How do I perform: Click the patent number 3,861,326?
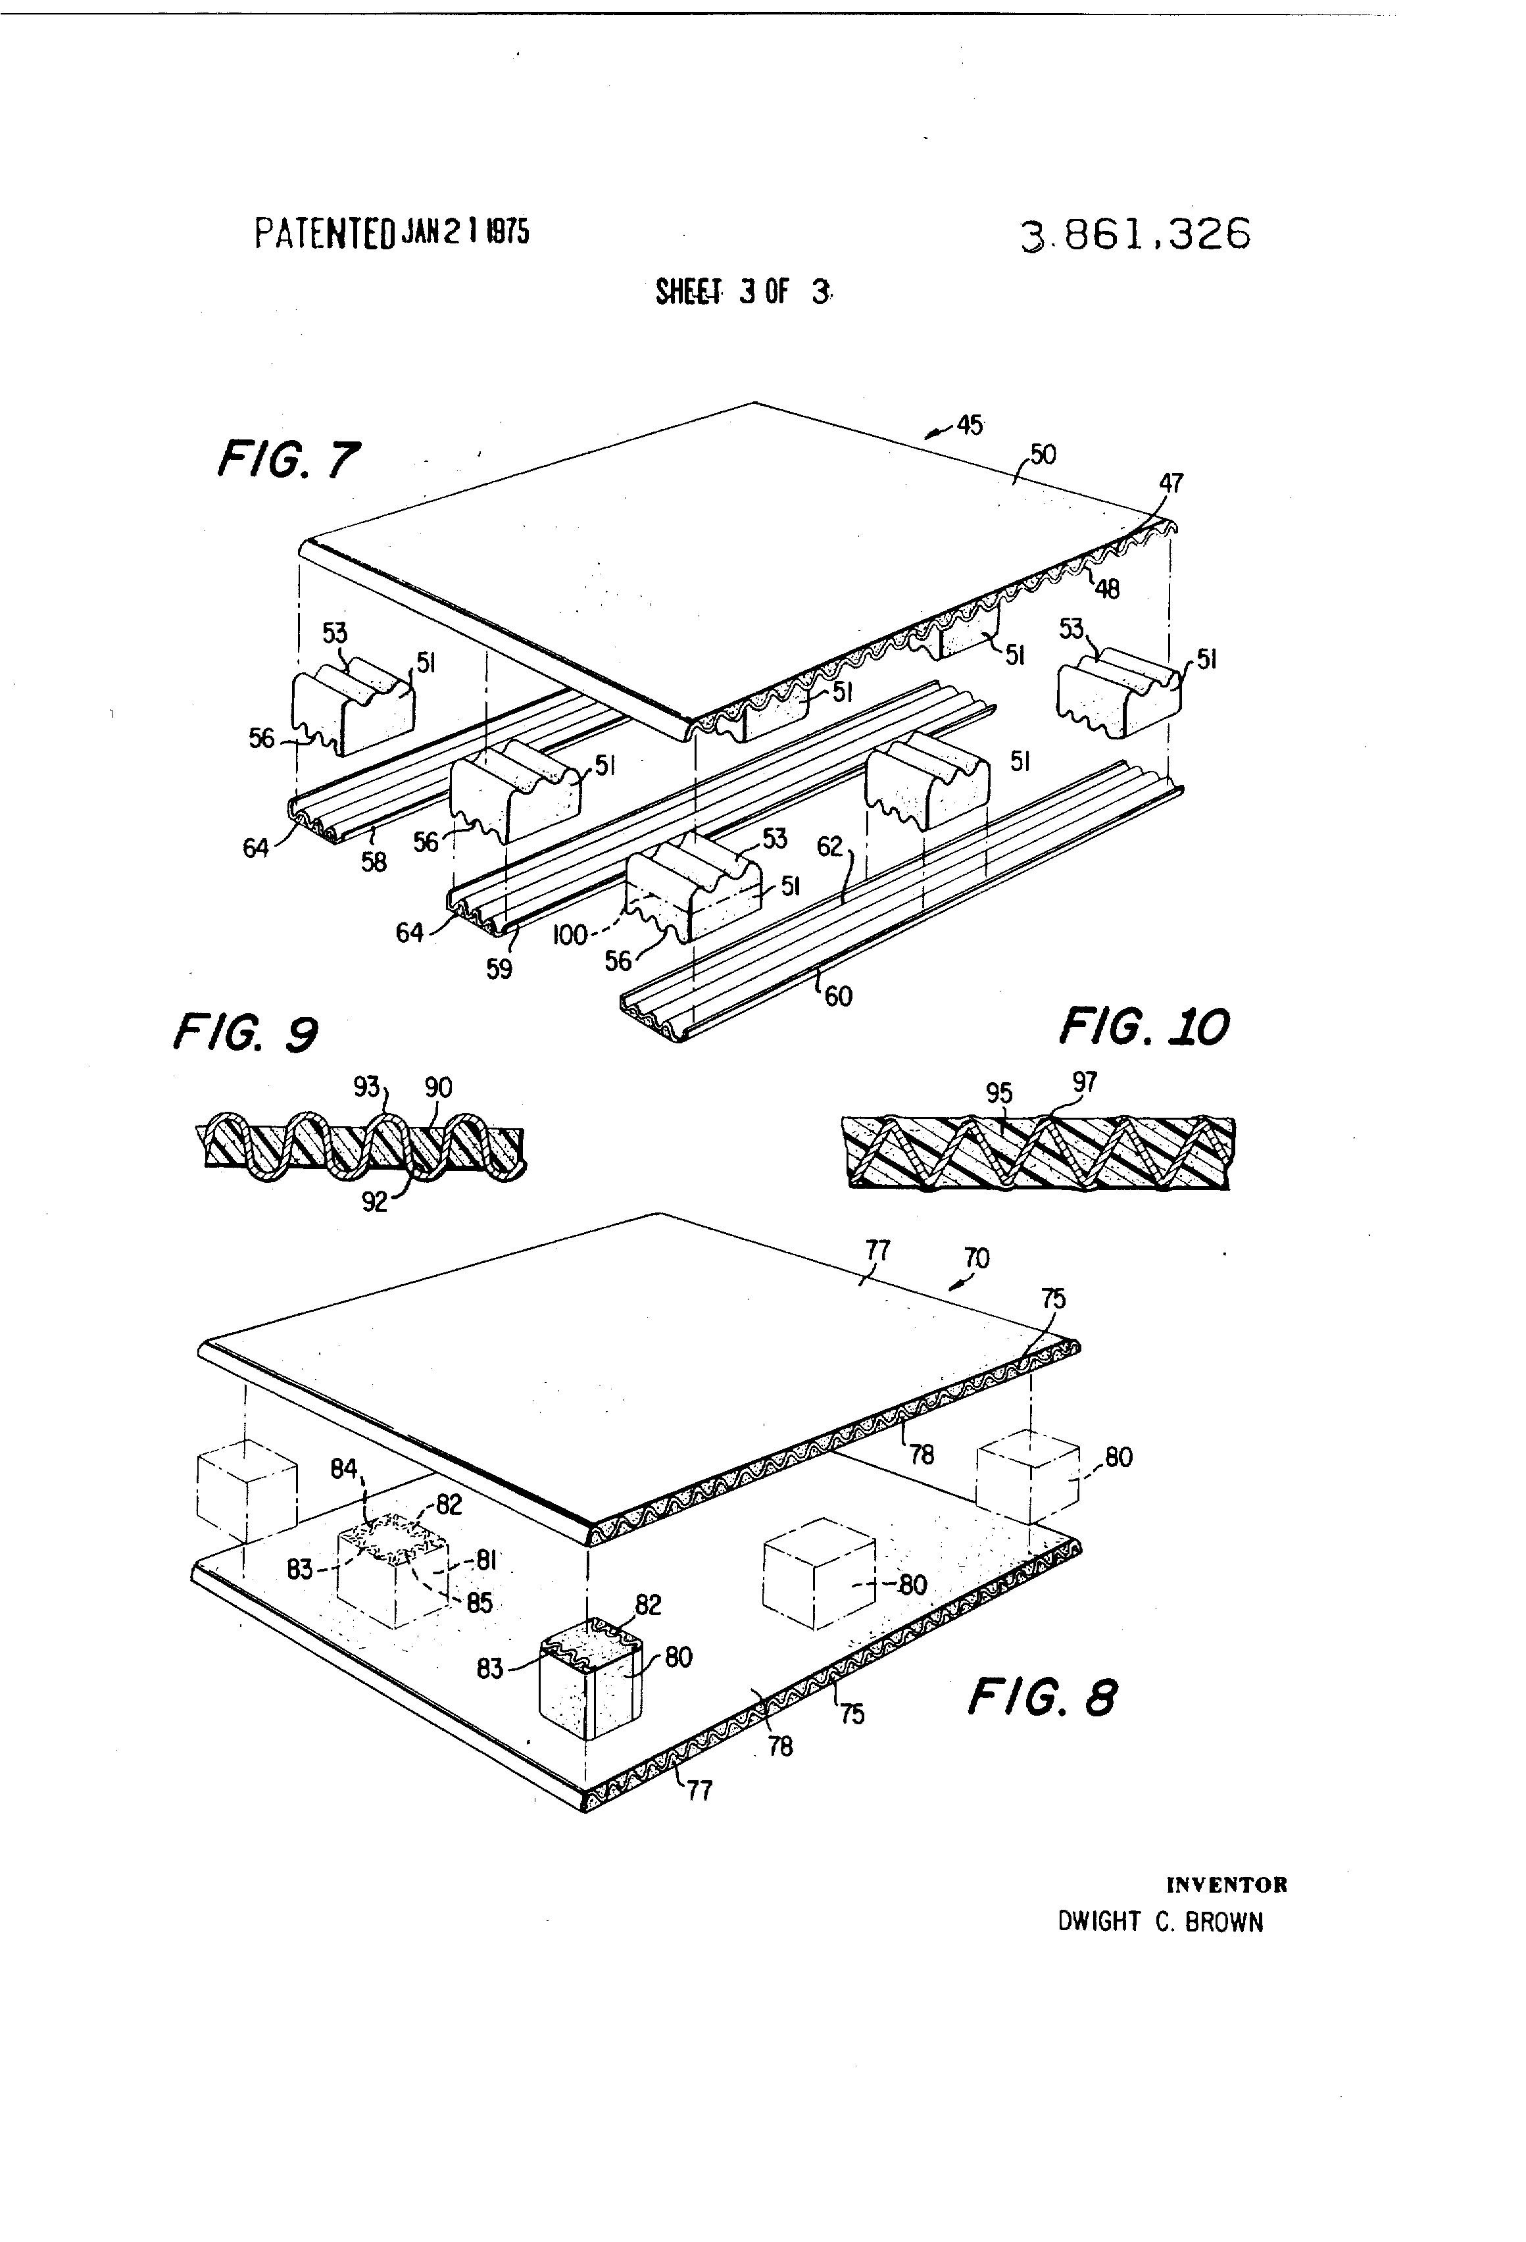click(1135, 234)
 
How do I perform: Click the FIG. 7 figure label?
click(288, 459)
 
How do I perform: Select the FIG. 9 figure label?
click(245, 1034)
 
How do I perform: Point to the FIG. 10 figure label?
click(1144, 1026)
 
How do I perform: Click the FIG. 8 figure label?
click(1042, 1697)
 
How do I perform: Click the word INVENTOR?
click(1226, 1884)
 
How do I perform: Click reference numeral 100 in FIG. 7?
click(570, 935)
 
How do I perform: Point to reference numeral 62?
click(829, 847)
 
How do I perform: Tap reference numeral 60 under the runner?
click(838, 995)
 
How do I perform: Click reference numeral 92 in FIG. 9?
click(374, 1202)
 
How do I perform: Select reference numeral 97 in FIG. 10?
click(1085, 1082)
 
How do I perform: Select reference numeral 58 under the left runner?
click(374, 862)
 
